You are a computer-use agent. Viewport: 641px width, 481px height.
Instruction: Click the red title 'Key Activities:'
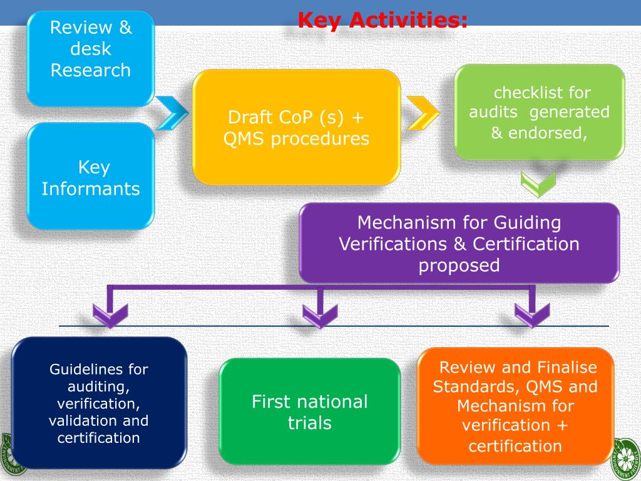(382, 21)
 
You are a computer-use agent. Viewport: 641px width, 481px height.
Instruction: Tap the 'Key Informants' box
(91, 177)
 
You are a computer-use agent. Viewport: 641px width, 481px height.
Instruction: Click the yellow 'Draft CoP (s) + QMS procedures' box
(296, 128)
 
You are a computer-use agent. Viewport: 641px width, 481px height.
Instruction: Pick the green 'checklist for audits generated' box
(539, 112)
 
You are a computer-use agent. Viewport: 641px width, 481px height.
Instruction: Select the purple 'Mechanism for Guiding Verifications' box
(459, 243)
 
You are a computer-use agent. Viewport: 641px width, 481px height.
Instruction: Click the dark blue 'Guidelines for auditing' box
(99, 403)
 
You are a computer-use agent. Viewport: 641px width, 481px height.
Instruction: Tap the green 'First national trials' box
(309, 411)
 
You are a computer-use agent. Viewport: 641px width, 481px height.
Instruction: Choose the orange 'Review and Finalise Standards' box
(515, 406)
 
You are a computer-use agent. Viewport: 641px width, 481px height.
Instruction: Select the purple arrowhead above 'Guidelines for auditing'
(110, 314)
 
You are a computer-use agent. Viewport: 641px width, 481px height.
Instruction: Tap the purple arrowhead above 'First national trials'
(320, 314)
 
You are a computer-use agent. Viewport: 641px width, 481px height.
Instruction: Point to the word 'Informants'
(91, 189)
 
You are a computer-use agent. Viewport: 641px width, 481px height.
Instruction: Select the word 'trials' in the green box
(309, 423)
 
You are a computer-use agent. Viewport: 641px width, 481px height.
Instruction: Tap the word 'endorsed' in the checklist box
(553, 133)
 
